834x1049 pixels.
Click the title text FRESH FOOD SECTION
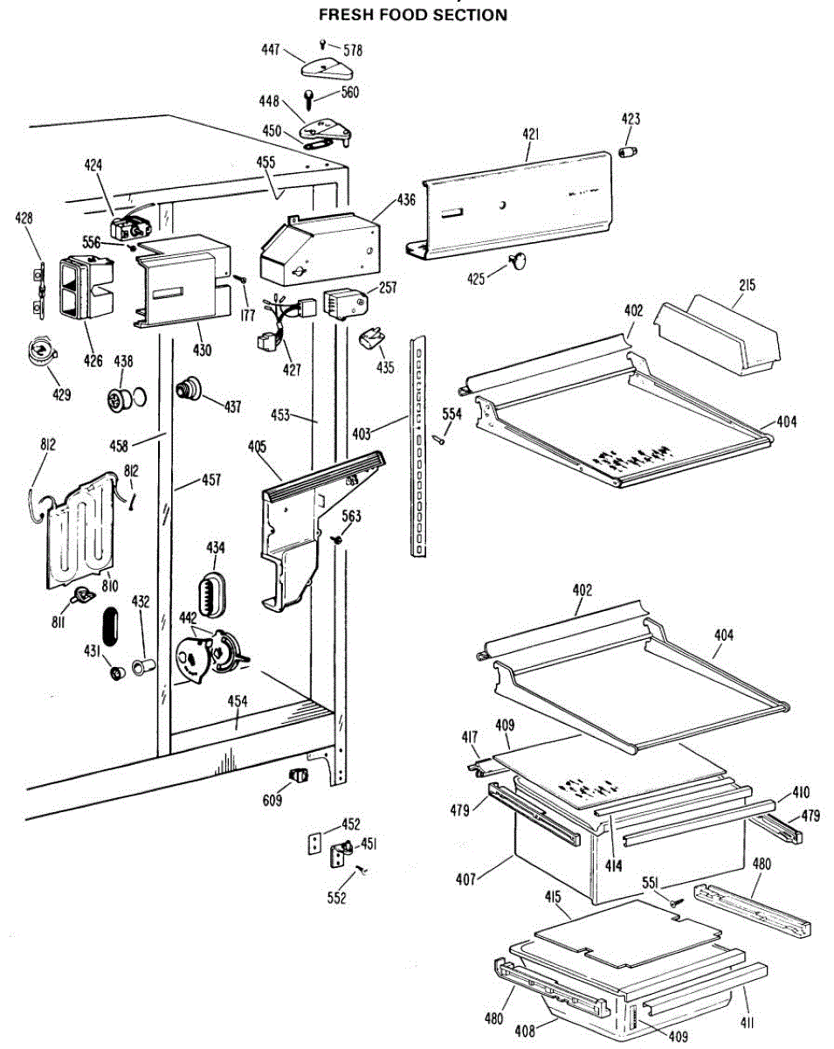coord(412,15)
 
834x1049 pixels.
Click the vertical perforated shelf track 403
coord(420,445)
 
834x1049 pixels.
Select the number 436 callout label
coord(406,200)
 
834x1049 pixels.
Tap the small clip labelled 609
coord(300,775)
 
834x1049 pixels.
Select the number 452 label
coord(351,824)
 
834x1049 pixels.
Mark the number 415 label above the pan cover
coord(552,899)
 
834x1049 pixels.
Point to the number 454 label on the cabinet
coord(238,701)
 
